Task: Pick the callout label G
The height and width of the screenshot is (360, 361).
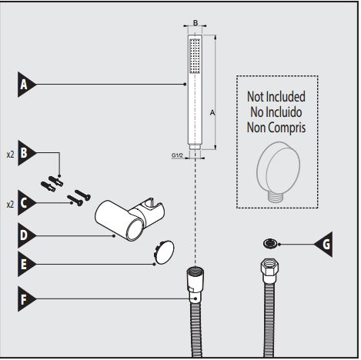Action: [326, 246]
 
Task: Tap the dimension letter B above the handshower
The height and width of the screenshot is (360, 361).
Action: [196, 23]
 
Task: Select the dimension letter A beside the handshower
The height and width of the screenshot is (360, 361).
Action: [212, 112]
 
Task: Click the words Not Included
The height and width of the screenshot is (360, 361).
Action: [276, 97]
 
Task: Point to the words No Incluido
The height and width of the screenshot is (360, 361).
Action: [276, 112]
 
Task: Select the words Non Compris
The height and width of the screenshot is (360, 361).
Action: [276, 126]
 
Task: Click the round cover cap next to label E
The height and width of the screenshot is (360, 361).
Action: [162, 252]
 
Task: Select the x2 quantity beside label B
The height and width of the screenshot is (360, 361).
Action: [10, 154]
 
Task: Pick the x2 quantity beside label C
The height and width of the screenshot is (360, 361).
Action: [10, 204]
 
